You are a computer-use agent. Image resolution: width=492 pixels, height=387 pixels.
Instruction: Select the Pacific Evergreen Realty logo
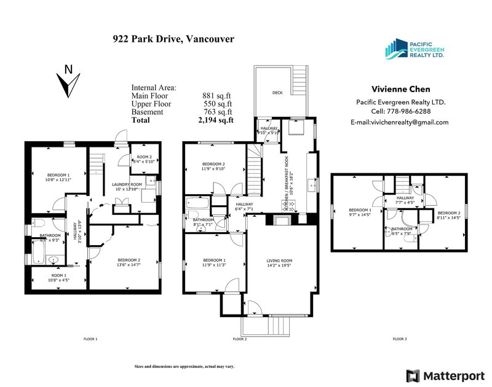coord(413,49)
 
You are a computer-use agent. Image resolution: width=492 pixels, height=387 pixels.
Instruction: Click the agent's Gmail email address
coord(400,122)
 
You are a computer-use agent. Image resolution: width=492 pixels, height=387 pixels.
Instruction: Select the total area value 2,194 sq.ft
coord(216,120)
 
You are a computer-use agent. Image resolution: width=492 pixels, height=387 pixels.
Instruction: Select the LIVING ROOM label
coord(279,261)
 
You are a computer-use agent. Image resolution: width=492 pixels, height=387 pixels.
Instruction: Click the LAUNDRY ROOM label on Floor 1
coord(127,184)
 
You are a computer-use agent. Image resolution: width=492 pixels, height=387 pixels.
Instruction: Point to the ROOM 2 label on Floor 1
coord(143,157)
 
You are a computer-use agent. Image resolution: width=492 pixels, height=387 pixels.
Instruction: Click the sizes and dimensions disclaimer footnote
coord(184,367)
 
